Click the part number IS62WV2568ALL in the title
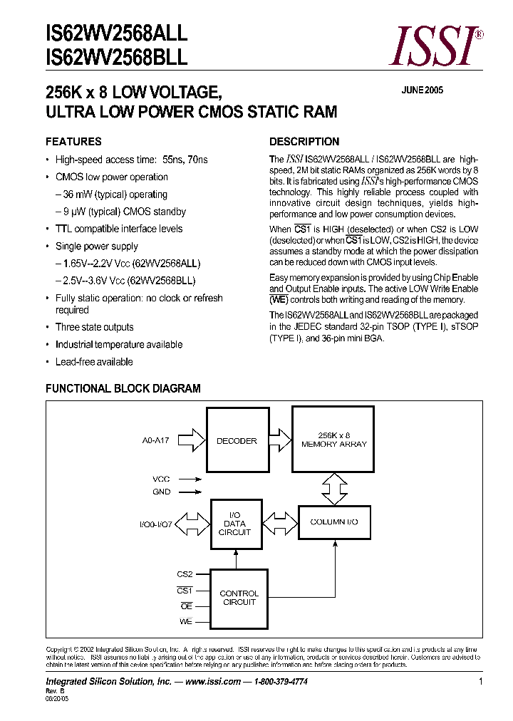click(x=116, y=33)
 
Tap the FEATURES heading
click(x=73, y=141)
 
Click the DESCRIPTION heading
click(x=304, y=141)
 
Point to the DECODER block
click(x=237, y=441)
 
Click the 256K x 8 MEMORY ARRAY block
click(x=333, y=440)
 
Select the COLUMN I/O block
click(x=333, y=522)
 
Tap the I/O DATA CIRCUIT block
click(x=235, y=524)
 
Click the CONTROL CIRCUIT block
click(x=239, y=598)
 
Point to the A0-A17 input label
click(x=156, y=441)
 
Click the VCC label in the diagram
click(x=161, y=479)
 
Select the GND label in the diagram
click(x=161, y=492)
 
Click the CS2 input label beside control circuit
click(x=185, y=574)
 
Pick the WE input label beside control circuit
click(x=185, y=622)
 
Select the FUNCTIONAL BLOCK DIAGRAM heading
click(x=123, y=388)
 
